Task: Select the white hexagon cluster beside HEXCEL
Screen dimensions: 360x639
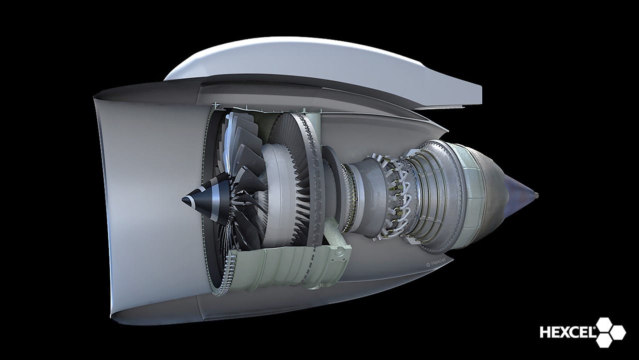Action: click(609, 332)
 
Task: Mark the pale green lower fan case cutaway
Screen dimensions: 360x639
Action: click(280, 272)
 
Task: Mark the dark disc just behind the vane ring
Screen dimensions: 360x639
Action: click(332, 190)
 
